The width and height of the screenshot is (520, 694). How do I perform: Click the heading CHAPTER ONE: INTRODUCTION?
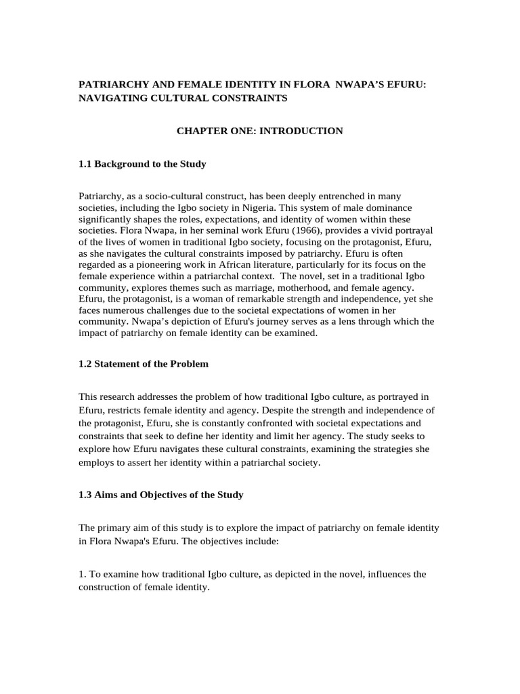[x=260, y=131]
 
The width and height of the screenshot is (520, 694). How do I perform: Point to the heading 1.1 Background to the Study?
[x=143, y=163]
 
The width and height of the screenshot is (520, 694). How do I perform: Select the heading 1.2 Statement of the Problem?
[x=144, y=363]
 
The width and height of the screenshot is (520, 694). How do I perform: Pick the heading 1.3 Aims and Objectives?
[x=160, y=495]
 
